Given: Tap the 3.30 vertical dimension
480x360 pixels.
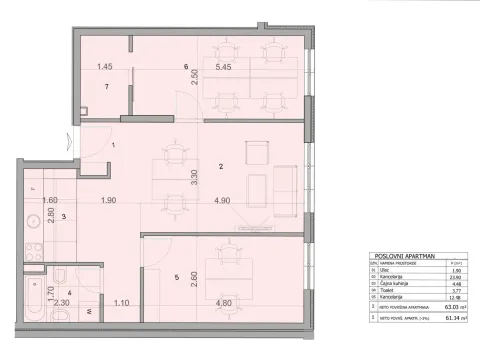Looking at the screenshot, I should pos(193,181).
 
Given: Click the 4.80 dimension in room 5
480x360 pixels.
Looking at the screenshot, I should pos(224,303).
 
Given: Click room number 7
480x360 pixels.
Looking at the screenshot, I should pos(106,87).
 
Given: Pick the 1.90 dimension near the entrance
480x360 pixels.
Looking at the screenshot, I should pos(106,201).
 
